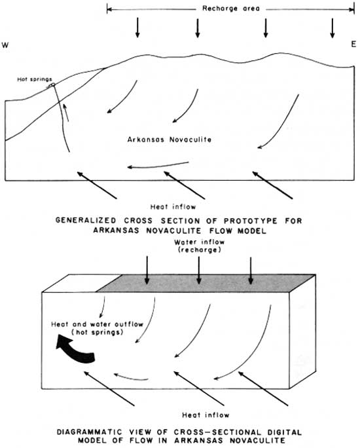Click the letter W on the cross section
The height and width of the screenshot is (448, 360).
click(x=5, y=45)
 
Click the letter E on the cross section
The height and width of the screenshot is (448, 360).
click(x=353, y=45)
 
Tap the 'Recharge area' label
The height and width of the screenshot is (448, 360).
click(x=231, y=9)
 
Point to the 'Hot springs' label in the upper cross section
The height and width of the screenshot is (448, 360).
click(x=35, y=79)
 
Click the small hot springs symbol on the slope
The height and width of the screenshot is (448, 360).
click(x=52, y=84)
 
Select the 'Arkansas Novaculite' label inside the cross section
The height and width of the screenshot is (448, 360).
click(x=170, y=140)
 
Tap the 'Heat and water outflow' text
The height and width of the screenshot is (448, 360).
click(x=97, y=324)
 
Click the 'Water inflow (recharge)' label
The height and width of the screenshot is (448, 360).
click(x=200, y=246)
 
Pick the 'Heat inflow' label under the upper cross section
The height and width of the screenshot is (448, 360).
click(x=173, y=206)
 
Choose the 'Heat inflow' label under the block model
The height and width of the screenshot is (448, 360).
click(x=206, y=415)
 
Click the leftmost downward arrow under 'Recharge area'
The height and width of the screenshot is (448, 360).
click(x=137, y=28)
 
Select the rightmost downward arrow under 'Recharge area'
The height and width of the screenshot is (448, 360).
click(x=332, y=28)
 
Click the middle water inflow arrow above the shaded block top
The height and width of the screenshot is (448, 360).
click(x=199, y=271)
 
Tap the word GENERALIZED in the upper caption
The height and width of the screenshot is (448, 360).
click(x=86, y=221)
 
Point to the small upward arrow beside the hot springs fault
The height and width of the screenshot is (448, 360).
click(x=66, y=113)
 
